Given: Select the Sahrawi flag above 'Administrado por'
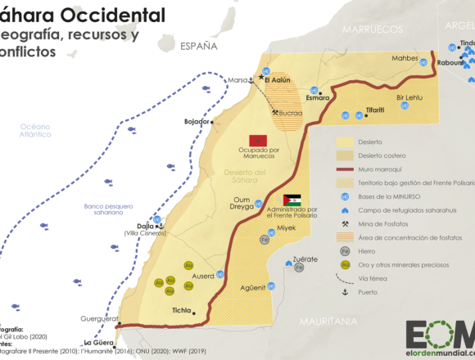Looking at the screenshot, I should pyautogui.click(x=292, y=200).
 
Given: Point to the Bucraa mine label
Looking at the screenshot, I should pyautogui.click(x=291, y=113).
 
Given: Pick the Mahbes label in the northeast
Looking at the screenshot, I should pyautogui.click(x=404, y=58).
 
